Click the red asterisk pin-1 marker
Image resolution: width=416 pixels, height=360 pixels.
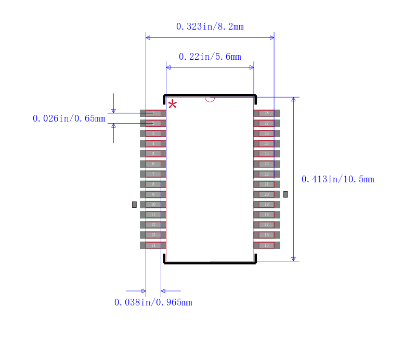pyautogui.click(x=172, y=104)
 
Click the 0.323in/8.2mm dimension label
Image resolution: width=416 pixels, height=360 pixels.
pyautogui.click(x=210, y=26)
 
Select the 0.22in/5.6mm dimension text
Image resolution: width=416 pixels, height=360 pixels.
pyautogui.click(x=210, y=57)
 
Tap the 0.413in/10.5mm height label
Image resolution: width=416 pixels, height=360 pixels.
pyautogui.click(x=337, y=179)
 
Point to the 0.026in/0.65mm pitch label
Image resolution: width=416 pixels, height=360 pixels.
pyautogui.click(x=69, y=118)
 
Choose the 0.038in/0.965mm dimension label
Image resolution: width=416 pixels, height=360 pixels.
pyautogui.click(x=153, y=302)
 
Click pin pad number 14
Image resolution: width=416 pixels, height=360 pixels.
pyautogui.click(x=153, y=245)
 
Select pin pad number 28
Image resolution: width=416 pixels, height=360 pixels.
pyautogui.click(x=267, y=113)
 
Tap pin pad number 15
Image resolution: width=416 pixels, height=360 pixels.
pyautogui.click(x=267, y=245)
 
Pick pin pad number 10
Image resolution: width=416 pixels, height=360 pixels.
pyautogui.click(x=153, y=205)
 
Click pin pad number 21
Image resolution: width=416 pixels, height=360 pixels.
pyautogui.click(x=267, y=184)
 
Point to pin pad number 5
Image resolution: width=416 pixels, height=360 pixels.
pyautogui.click(x=153, y=154)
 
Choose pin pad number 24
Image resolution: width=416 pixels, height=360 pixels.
pyautogui.click(x=267, y=154)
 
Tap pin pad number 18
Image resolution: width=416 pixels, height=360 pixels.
pyautogui.click(x=267, y=215)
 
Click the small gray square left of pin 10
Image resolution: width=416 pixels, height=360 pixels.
pyautogui.click(x=134, y=205)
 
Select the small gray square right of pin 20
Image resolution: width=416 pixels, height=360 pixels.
pyautogui.click(x=285, y=194)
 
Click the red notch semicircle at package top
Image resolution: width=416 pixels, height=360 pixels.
pyautogui.click(x=210, y=99)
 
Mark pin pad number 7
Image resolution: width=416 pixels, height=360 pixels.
pyautogui.click(x=153, y=174)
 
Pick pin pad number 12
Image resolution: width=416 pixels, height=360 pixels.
pyautogui.click(x=153, y=225)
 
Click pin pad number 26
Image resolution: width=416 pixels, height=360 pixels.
pyautogui.click(x=267, y=134)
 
